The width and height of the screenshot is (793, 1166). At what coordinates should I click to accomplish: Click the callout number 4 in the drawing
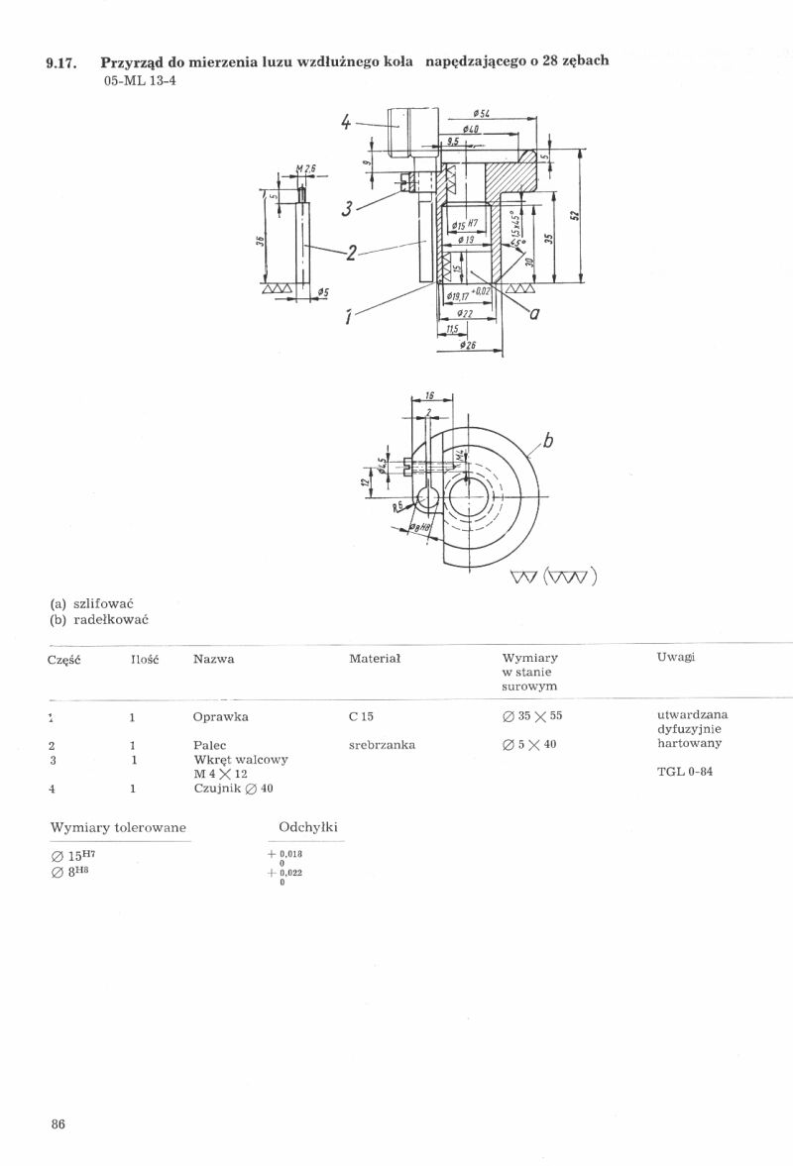click(x=346, y=123)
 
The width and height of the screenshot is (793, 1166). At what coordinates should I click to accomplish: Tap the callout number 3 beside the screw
click(x=347, y=208)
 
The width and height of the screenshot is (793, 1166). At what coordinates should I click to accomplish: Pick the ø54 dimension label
click(x=484, y=116)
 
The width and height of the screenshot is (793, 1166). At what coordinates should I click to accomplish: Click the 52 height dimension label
click(x=575, y=215)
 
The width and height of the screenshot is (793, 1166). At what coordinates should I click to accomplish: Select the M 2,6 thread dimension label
click(x=305, y=168)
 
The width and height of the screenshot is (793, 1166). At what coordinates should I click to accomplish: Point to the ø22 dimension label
click(x=465, y=313)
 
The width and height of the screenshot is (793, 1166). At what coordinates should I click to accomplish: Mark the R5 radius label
click(x=397, y=505)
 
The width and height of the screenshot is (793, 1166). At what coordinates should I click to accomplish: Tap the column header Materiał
click(x=374, y=659)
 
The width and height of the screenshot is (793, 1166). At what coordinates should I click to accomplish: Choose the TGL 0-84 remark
click(x=684, y=772)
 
